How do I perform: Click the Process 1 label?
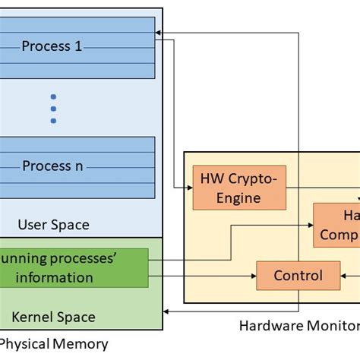coord(52,46)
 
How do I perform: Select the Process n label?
coord(52,166)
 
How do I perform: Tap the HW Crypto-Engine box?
coord(240,188)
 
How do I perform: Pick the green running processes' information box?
coord(74,268)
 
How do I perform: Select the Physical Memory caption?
coord(53,344)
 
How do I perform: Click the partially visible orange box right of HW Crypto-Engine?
coord(337,225)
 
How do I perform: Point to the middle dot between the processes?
coord(53,108)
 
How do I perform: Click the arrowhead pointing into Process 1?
coord(157,33)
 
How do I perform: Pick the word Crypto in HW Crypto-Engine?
coord(253,179)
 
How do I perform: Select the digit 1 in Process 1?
coord(77,46)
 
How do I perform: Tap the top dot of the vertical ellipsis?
coord(53,96)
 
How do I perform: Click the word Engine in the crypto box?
coord(240,197)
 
